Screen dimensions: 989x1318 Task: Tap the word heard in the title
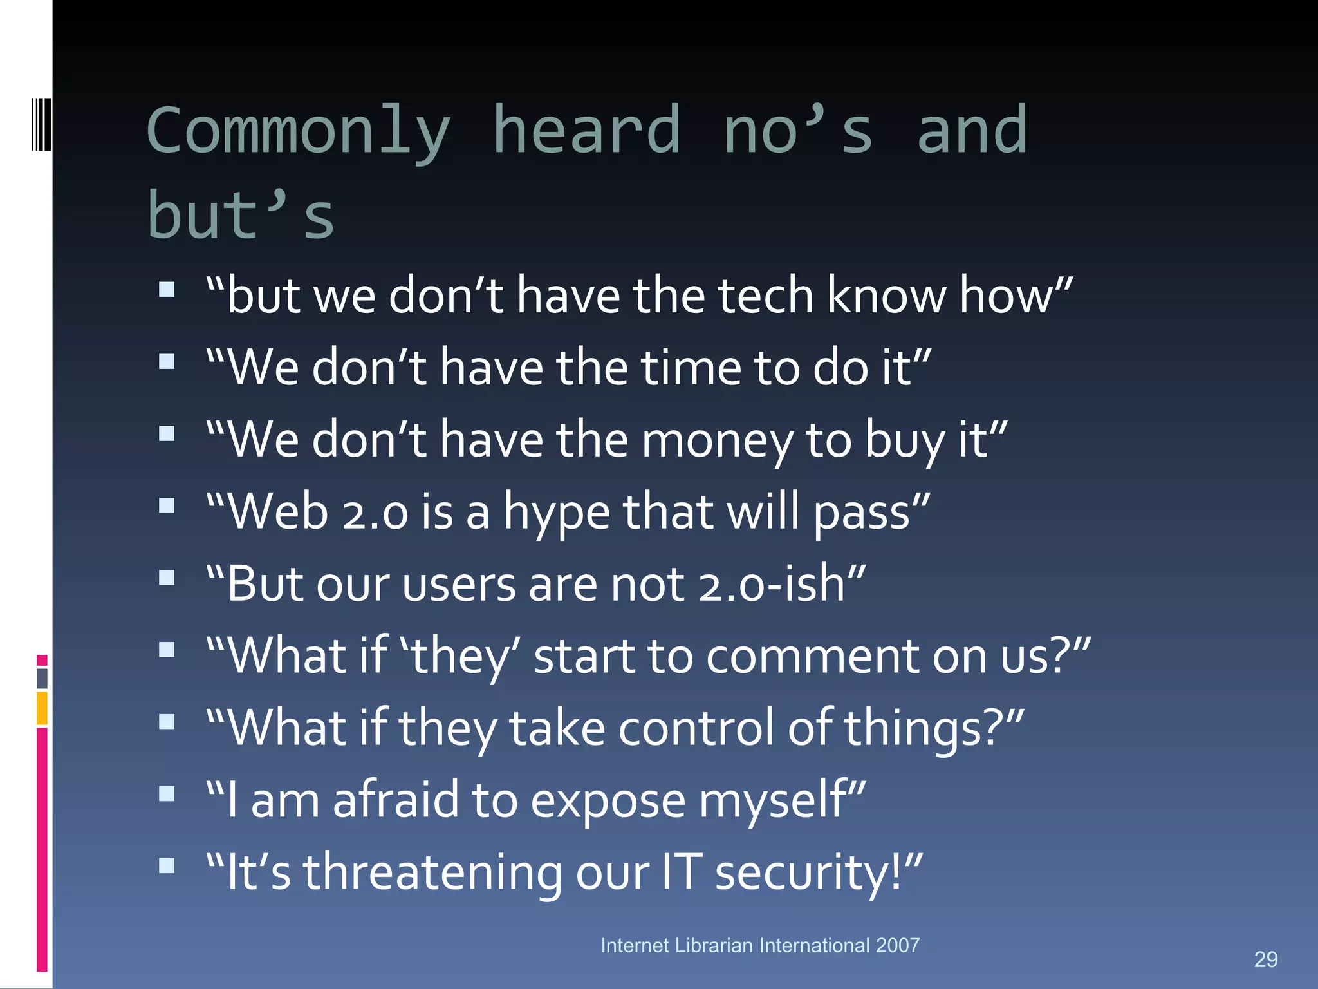tap(586, 131)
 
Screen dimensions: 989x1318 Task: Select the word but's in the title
tap(241, 216)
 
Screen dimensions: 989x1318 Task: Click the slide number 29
tap(1265, 959)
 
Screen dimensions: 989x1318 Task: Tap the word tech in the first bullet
tap(766, 296)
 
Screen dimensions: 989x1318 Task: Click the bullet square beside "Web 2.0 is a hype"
tap(167, 505)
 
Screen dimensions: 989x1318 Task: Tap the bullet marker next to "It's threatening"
tap(167, 865)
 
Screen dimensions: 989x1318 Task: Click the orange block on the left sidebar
tap(42, 708)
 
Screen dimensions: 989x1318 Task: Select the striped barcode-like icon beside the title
tap(42, 124)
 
